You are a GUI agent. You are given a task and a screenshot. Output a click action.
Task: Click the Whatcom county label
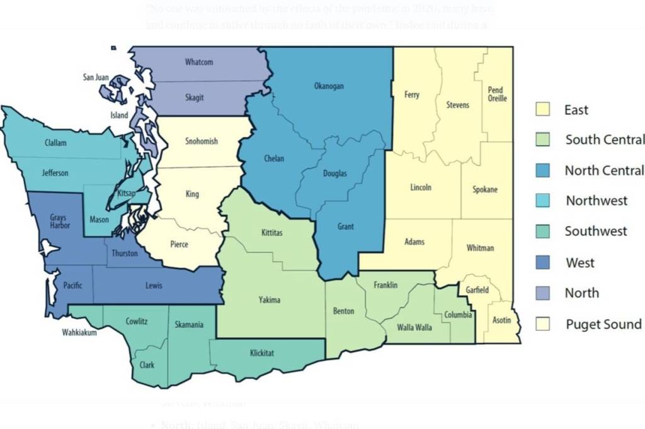coord(198,62)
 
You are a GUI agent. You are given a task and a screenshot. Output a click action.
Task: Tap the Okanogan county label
coord(329,86)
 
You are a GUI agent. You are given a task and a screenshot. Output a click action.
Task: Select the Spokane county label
coord(485,189)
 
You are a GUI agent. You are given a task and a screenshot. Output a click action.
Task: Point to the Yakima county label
coord(270,299)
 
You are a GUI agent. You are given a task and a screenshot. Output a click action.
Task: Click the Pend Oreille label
coord(497,94)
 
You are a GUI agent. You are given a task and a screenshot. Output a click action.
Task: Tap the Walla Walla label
coord(414,327)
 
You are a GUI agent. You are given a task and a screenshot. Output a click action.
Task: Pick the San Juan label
coord(96,77)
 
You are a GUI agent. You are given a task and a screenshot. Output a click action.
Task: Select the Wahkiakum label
coord(79,333)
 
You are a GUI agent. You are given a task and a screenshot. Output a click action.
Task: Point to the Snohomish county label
coord(202,142)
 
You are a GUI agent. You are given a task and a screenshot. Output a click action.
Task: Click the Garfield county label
coord(477,290)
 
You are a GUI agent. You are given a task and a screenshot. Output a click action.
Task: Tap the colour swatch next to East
coord(542,109)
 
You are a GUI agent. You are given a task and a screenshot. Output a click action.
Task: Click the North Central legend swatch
coord(542,170)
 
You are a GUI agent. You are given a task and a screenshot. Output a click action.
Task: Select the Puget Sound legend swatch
coord(542,325)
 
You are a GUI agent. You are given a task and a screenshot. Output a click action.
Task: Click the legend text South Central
coord(605,140)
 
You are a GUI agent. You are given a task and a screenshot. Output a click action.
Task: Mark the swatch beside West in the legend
coord(542,262)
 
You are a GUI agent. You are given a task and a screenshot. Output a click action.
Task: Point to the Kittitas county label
coord(272,233)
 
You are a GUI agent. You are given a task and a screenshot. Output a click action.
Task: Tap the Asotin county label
coord(502,320)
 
